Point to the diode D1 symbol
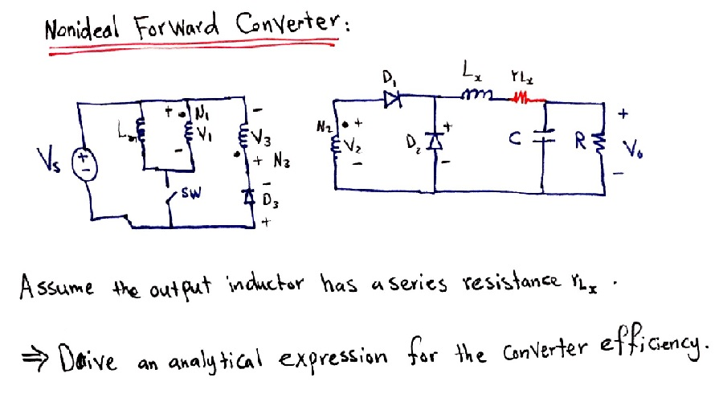coord(393,100)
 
